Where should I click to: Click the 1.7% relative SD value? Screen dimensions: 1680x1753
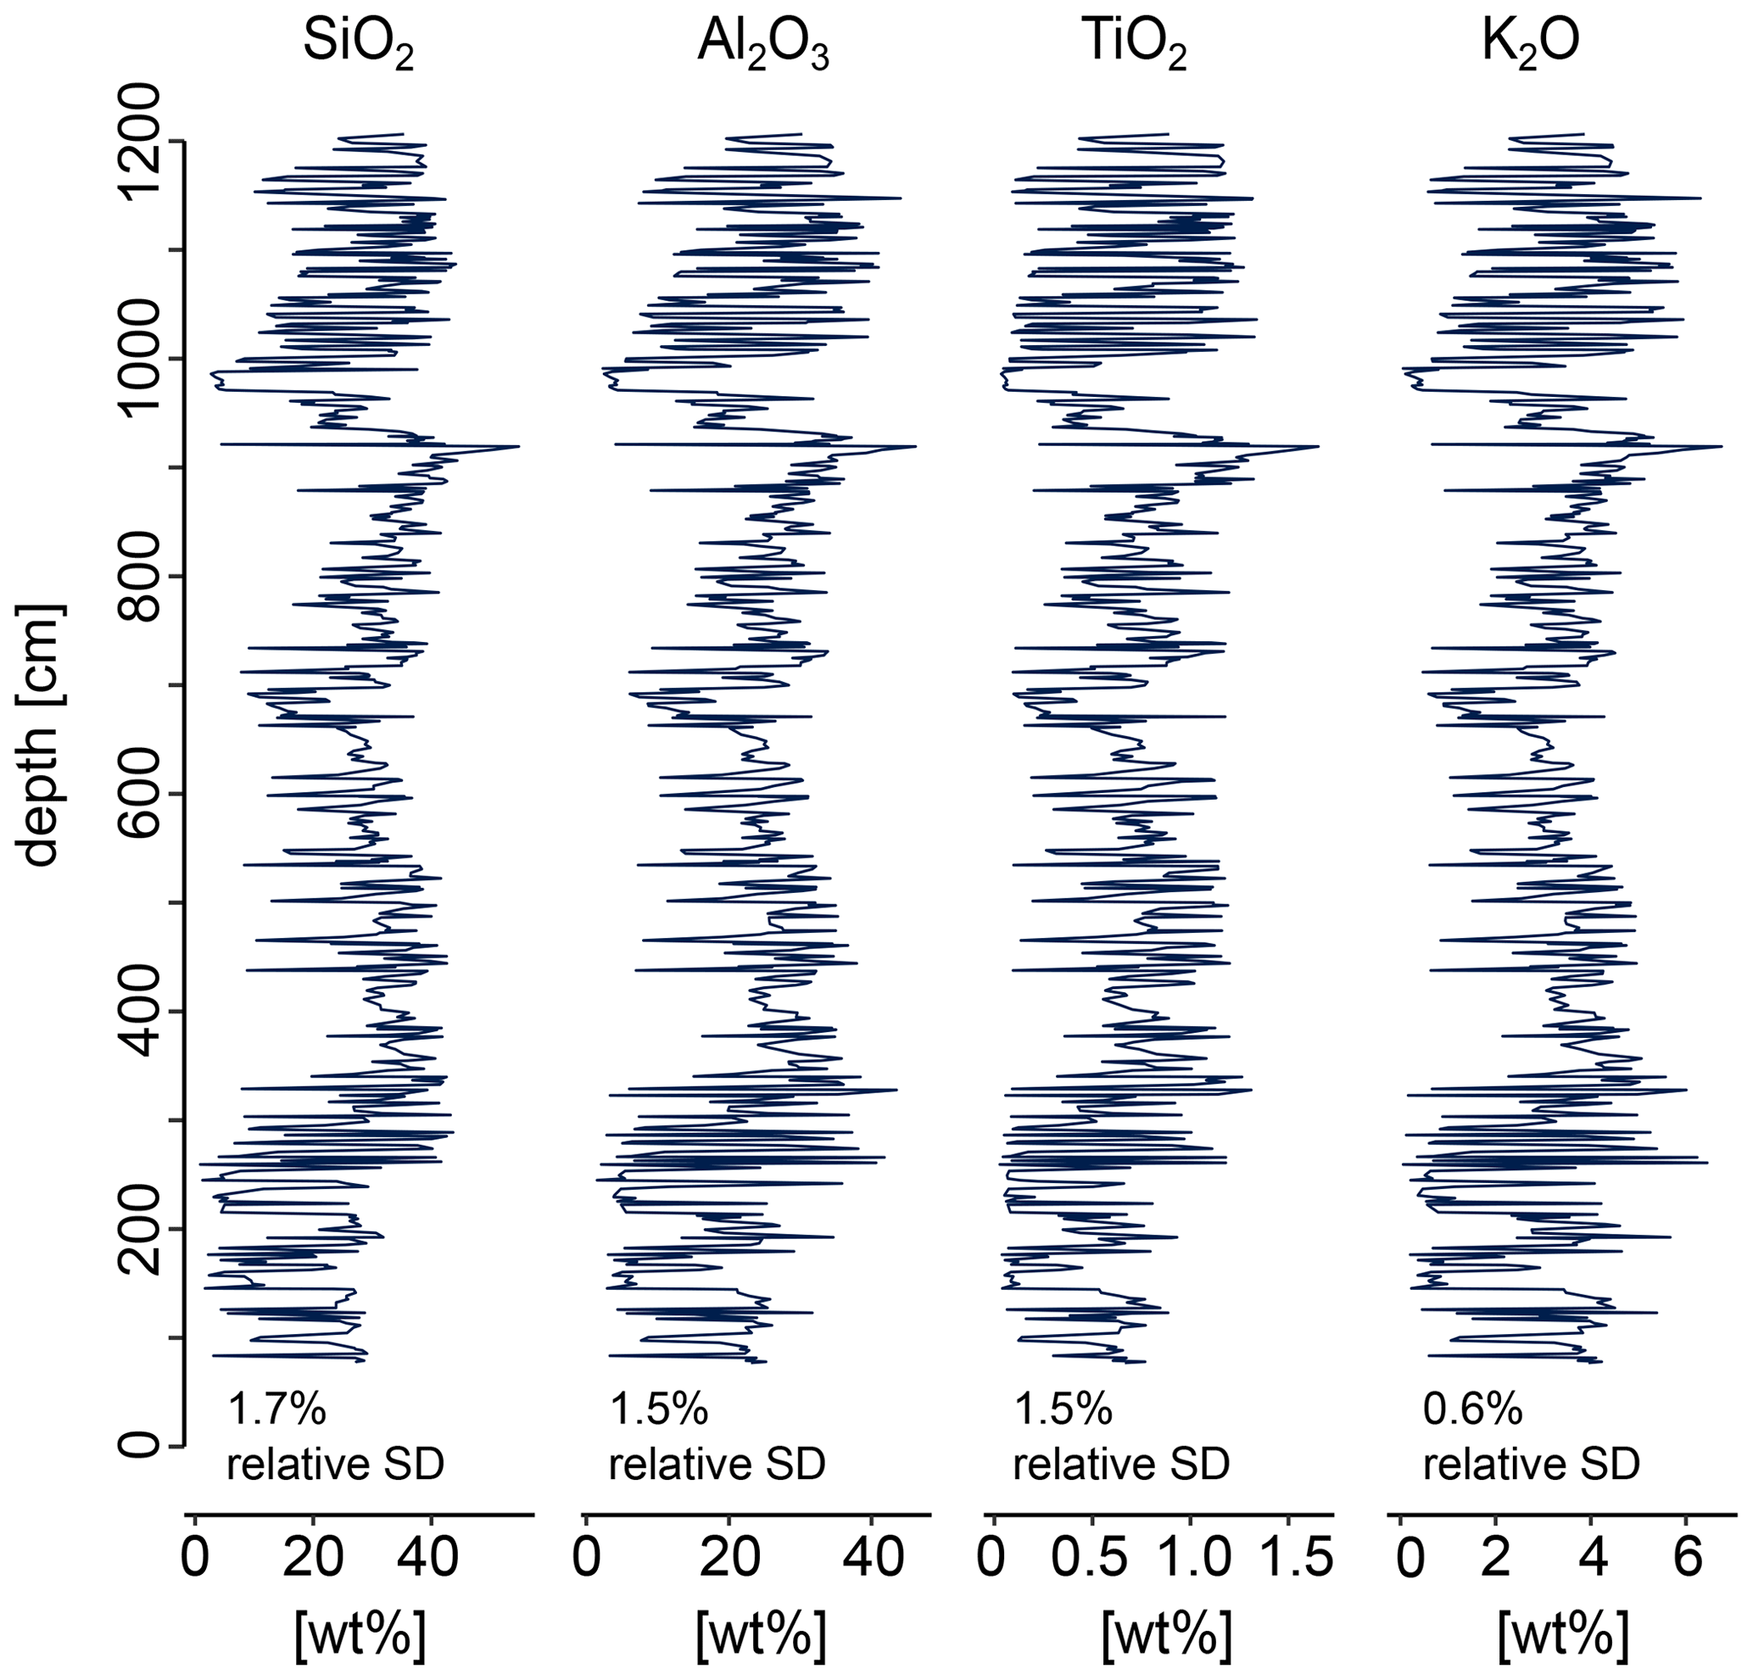[277, 1409]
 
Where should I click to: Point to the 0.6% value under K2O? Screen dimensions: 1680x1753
[1473, 1409]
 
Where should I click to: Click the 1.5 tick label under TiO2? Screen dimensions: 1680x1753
[1288, 1557]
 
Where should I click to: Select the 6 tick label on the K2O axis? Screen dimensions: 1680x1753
[1686, 1557]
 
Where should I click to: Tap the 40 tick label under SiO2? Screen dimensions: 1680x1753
[429, 1557]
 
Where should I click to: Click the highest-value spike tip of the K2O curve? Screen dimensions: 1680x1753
[1721, 446]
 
